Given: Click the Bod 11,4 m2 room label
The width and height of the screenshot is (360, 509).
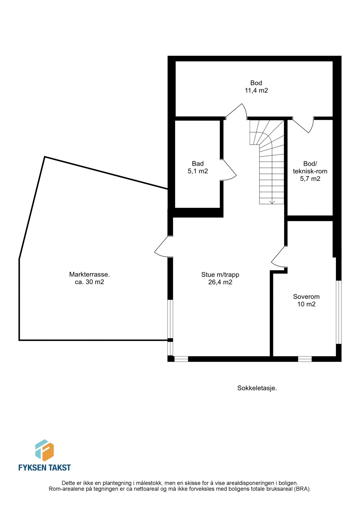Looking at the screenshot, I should pos(256,87).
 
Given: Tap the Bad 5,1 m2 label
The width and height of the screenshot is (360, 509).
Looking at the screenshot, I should pos(198,167).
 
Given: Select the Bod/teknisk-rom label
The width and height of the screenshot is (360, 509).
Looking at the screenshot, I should pos(310,171).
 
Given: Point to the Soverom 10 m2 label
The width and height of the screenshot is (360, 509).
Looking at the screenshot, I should pos(306,300).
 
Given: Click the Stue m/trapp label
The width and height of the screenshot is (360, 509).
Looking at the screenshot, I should pos(220,278).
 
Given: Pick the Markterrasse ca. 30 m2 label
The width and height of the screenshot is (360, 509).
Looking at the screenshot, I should pos(89,278).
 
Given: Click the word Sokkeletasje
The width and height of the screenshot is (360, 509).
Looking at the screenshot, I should pos(257,388).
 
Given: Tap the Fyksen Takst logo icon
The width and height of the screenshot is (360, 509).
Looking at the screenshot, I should pos(44,450).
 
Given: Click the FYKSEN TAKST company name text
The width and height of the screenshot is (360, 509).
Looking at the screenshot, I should pos(44,467).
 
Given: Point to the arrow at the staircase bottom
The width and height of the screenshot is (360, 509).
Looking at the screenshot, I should pos(272,202).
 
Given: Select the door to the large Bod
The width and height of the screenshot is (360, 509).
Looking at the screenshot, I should pos(236,111).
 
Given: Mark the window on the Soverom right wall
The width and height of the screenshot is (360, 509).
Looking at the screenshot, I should pos(338,312).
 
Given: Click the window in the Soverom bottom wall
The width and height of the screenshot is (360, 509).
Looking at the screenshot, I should pos(305,359).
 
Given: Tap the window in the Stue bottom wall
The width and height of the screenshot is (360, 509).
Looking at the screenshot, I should pos(181,359).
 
